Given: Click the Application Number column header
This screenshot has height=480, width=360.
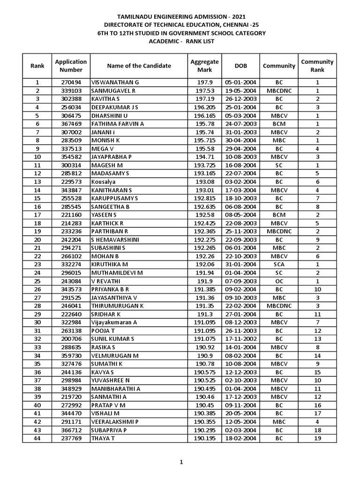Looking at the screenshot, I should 71,66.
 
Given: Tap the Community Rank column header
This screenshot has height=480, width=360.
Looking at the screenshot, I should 317,66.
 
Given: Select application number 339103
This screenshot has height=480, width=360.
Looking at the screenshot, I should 71,90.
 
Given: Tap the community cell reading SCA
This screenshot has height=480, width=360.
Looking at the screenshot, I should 279,264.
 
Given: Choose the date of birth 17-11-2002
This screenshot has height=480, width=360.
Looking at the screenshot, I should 240,338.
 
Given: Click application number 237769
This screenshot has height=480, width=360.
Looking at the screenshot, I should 71,438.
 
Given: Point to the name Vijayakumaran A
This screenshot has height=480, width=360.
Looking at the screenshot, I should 114,322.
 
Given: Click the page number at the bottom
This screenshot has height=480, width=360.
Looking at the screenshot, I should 180,462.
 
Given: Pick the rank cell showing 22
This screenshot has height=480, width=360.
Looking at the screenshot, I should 37,255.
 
